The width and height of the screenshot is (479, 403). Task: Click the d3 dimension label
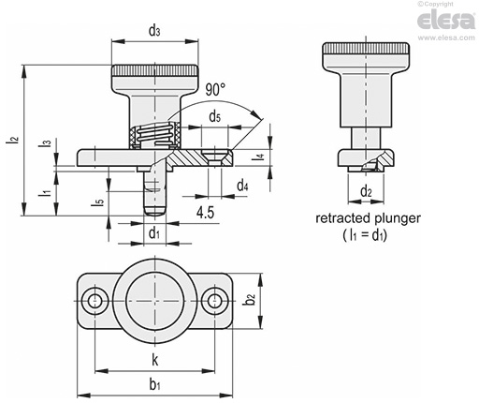[x=154, y=31]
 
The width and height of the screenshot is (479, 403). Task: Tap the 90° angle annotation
[x=215, y=90]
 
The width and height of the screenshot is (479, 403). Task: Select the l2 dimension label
[x=13, y=141]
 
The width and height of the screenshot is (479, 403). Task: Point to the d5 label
[x=214, y=117]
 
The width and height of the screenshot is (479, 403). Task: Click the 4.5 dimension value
[x=205, y=213]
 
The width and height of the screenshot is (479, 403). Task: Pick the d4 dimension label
[x=242, y=186]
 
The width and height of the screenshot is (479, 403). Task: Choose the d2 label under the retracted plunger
[x=366, y=191]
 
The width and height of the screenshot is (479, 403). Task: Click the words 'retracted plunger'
[x=368, y=218]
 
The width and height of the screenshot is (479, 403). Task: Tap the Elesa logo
[x=446, y=21]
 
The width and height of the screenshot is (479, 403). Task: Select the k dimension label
[x=154, y=360]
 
